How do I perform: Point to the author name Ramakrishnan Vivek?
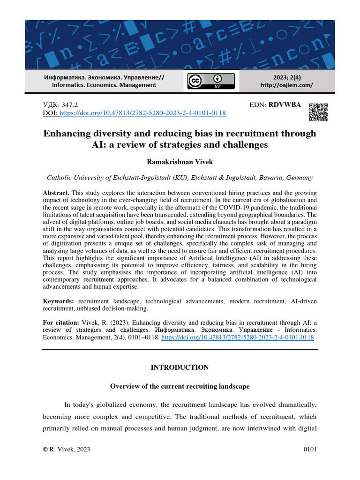pos(180,162)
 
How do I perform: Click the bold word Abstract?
pos(56,193)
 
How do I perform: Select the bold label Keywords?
pos(59,300)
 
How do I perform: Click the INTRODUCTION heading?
pos(180,367)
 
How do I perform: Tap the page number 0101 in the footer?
pos(310,450)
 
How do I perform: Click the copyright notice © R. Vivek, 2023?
pos(66,450)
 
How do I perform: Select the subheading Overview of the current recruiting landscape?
pos(180,387)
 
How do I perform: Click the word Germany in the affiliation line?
pos(300,178)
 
